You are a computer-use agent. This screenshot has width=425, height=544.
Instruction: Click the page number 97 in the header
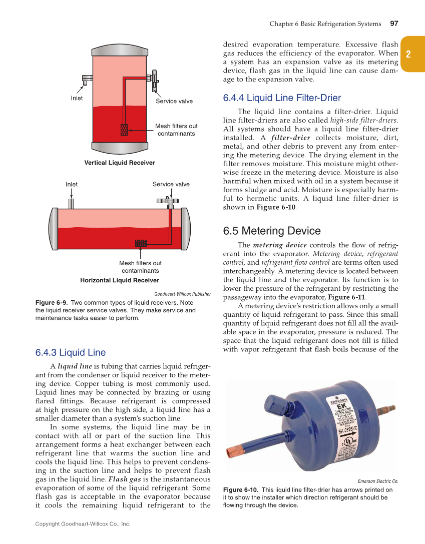[394, 24]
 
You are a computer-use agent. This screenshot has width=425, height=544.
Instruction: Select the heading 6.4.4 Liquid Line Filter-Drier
[282, 98]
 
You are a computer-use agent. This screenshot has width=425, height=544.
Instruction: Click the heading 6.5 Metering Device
[271, 231]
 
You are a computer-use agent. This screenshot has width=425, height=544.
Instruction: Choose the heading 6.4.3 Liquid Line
[70, 352]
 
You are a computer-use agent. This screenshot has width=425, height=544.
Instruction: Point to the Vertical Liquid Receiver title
[120, 163]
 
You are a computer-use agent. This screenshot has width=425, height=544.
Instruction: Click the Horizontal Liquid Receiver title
[120, 280]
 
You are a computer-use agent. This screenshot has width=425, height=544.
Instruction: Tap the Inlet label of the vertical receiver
[77, 98]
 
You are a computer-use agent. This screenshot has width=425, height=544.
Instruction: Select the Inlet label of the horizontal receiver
[72, 184]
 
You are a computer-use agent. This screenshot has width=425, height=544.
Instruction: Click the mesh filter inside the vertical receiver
[124, 130]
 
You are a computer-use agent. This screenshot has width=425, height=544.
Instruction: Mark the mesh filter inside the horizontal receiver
[141, 243]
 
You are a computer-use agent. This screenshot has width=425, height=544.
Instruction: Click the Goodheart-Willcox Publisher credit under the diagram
[182, 294]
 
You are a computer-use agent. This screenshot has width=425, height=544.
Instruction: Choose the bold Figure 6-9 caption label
[52, 303]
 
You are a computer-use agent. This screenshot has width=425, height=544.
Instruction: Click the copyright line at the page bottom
[83, 524]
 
